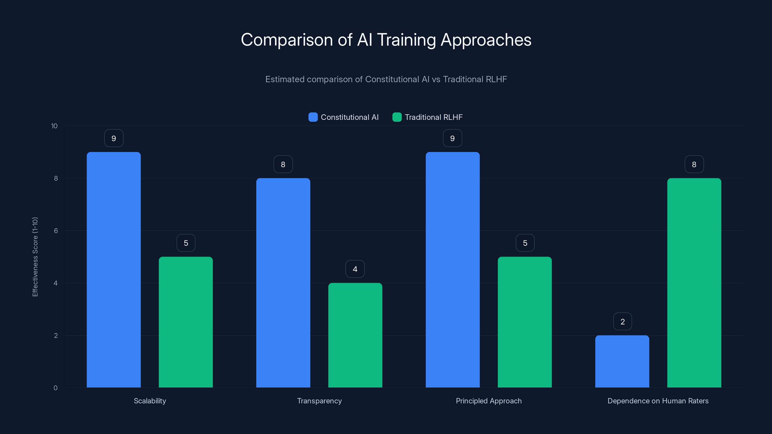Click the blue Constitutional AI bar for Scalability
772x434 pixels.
coord(114,270)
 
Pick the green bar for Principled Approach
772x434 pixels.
coord(524,322)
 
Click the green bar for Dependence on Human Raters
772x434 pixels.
coord(694,283)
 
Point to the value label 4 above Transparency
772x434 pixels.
coord(355,269)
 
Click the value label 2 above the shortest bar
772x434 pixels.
coord(622,322)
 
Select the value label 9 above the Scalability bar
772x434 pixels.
coord(114,138)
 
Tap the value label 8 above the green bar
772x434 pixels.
coord(694,164)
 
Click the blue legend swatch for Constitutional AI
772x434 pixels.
coord(313,117)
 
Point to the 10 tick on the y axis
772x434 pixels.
coord(54,126)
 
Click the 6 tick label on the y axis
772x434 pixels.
coord(56,231)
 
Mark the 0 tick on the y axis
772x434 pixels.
coord(55,388)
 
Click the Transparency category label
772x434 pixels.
coord(319,401)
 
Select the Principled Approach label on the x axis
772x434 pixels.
coord(489,401)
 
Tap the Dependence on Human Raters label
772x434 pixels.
coord(658,401)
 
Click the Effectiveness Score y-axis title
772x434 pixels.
coord(35,257)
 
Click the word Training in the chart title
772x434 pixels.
coord(406,40)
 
